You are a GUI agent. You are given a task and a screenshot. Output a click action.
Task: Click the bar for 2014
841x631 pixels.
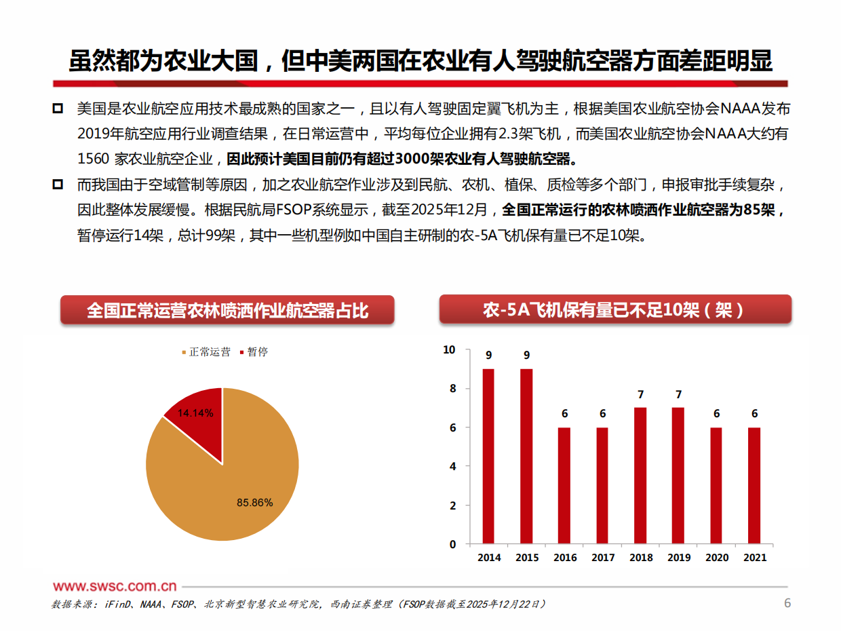point(488,456)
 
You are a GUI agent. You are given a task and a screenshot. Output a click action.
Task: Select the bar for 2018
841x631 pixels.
point(640,476)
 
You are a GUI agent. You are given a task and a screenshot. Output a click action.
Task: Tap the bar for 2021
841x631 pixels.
point(754,485)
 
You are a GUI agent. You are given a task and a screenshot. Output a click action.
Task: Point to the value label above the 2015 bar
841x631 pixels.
point(526,355)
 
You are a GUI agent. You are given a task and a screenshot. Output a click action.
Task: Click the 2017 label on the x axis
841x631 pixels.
point(602,558)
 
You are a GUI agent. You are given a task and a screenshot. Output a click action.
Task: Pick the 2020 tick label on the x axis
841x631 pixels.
point(716,558)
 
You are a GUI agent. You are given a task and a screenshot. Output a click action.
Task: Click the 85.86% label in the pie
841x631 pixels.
point(254,503)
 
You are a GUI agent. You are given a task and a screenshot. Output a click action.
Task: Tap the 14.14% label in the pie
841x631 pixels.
point(195,413)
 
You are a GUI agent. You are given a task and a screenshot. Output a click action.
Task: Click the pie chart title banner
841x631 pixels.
point(227,311)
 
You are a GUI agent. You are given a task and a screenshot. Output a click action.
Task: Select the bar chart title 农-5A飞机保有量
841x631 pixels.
point(614,311)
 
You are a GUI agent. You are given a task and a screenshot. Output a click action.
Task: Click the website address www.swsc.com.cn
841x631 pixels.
point(115,587)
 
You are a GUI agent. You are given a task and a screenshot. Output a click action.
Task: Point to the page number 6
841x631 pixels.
point(787,603)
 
